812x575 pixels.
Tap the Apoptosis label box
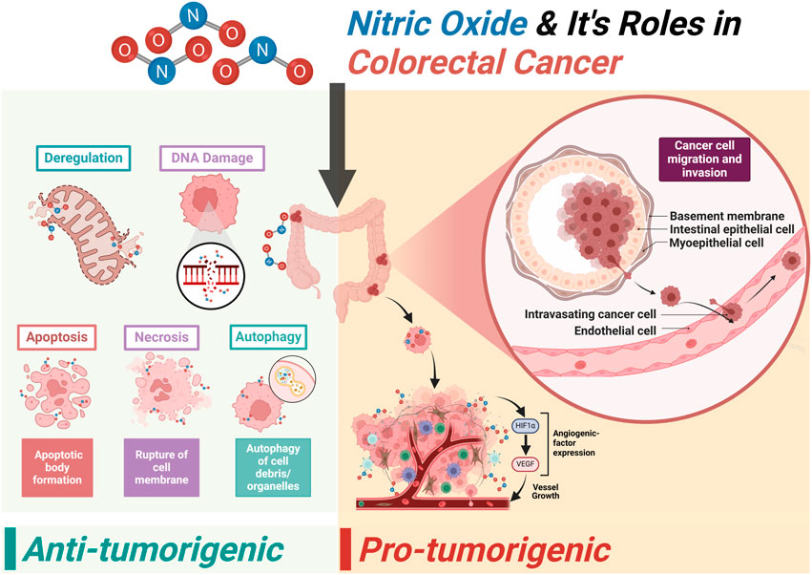coord(56,337)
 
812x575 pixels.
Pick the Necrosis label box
coord(162,337)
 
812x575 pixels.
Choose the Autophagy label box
coord(268,337)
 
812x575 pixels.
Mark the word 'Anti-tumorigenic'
coord(153,551)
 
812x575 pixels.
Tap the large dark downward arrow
coord(338,143)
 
